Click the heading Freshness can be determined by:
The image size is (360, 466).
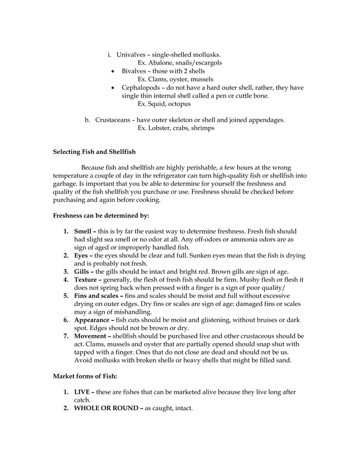click(100, 215)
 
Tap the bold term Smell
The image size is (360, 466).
click(85, 231)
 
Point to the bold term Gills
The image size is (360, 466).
click(84, 271)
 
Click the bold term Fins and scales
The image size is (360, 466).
click(96, 296)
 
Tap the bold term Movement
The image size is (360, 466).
click(92, 336)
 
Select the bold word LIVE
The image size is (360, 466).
click(83, 392)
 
